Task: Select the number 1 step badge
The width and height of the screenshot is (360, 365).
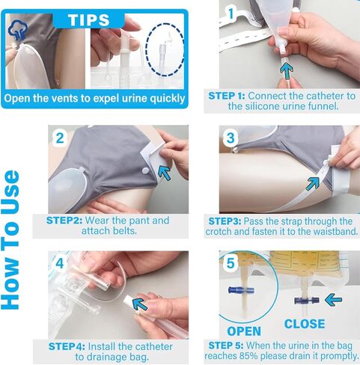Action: coord(232,13)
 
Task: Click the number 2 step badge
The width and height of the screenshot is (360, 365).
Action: coord(60,138)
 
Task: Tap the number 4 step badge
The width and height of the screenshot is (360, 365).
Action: coord(60,264)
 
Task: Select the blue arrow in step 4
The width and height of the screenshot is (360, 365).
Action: coord(140,301)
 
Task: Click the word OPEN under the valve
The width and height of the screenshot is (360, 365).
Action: coord(243,331)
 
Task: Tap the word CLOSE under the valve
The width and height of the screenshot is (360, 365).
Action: coord(305,324)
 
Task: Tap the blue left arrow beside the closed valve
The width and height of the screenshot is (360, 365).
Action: coord(332,299)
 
